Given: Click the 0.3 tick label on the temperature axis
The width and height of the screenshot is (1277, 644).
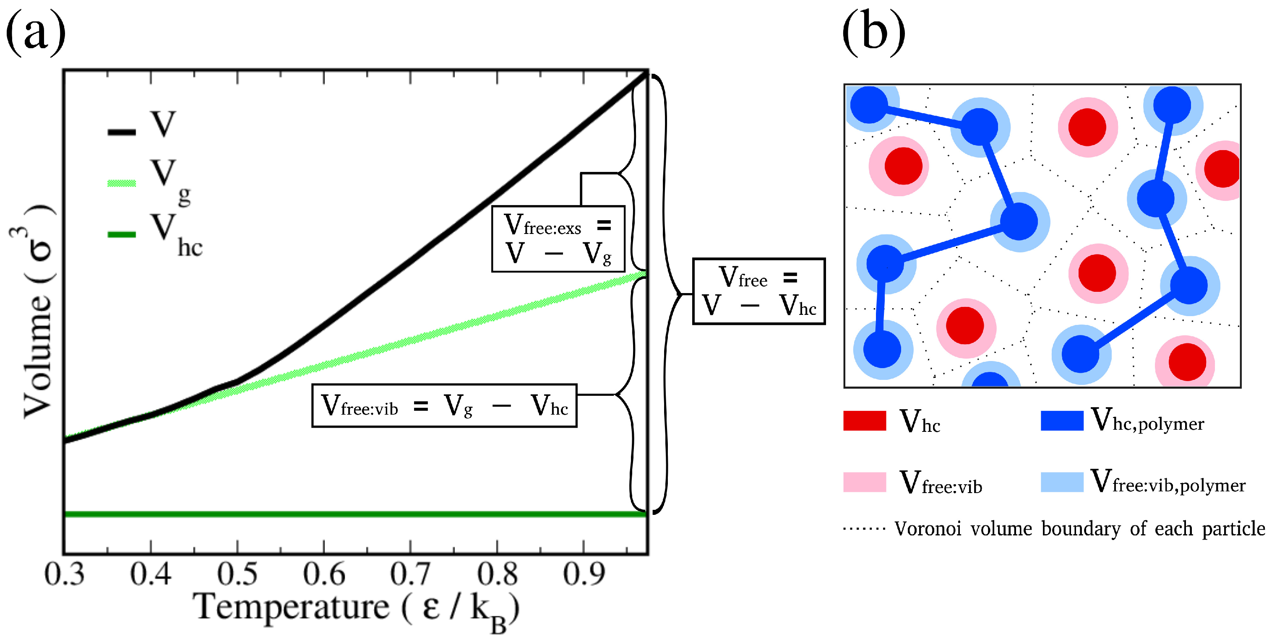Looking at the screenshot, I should tap(65, 575).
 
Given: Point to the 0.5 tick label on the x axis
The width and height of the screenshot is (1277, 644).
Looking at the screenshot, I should tap(237, 575).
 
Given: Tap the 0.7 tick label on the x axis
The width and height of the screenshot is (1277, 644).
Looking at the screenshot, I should tap(410, 575).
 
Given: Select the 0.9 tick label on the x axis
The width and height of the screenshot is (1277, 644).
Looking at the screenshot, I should tap(584, 575).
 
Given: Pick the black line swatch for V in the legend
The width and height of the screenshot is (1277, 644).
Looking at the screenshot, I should tap(122, 132).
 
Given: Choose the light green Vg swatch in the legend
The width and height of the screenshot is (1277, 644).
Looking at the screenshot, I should tap(122, 183).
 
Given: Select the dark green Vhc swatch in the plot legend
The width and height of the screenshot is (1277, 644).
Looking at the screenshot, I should tap(122, 234).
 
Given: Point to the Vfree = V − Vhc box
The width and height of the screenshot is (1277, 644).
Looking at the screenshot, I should tap(758, 291).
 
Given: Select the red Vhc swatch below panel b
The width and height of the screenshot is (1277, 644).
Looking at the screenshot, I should tap(865, 421).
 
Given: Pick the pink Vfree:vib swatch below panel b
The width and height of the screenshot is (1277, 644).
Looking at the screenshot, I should tap(865, 482).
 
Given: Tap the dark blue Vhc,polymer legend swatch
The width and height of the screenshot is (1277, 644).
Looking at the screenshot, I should tap(1062, 421).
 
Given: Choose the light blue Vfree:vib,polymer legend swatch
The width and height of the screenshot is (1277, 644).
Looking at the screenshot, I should tap(1062, 482).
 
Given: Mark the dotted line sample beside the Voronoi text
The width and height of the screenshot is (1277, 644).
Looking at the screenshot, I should tap(865, 529).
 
